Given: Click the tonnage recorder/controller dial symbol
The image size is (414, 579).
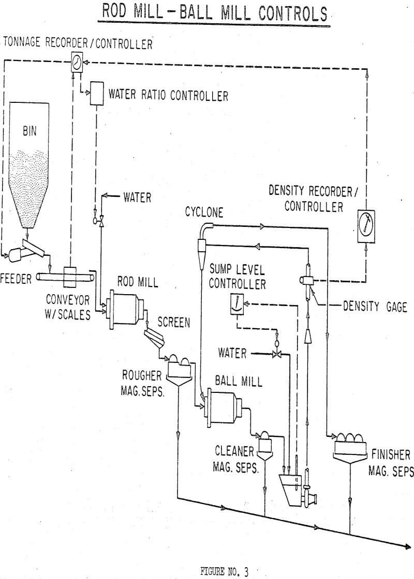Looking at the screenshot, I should [x=77, y=63].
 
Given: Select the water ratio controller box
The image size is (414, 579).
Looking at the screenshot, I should [x=96, y=95].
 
